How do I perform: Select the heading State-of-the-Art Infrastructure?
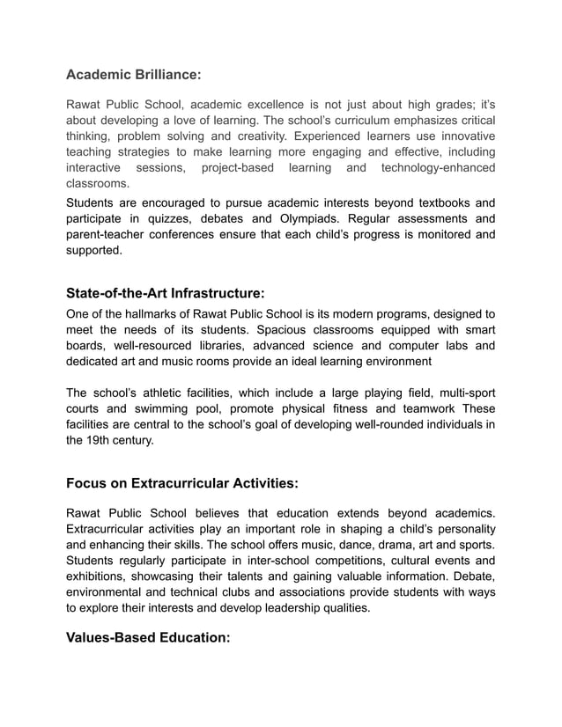click(166, 292)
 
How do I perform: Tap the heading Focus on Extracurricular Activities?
click(182, 483)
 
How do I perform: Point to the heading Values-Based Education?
click(148, 637)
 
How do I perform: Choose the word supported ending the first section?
click(93, 250)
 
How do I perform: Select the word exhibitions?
click(100, 576)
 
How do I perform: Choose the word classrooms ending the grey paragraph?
click(98, 183)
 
